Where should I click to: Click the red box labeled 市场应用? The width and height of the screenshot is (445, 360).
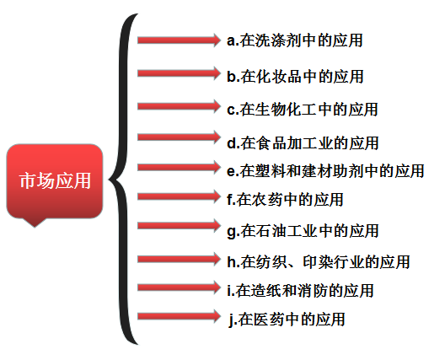[55, 181]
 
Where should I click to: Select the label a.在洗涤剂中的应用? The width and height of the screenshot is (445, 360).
[295, 40]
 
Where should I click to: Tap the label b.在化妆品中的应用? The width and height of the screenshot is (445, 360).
[295, 77]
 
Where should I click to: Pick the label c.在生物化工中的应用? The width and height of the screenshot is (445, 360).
[303, 110]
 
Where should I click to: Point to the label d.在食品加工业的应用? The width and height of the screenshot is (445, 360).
[303, 142]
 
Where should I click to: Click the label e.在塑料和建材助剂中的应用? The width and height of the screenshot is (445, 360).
[325, 171]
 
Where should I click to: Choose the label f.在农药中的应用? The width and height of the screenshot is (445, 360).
[285, 199]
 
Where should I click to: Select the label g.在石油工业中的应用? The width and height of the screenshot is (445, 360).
[303, 230]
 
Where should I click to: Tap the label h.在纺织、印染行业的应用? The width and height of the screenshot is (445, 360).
[319, 261]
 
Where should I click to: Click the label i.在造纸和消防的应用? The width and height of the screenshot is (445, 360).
[300, 290]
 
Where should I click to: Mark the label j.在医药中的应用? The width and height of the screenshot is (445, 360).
[287, 320]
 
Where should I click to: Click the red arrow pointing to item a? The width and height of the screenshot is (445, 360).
[179, 40]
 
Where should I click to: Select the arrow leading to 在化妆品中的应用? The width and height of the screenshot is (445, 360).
[179, 73]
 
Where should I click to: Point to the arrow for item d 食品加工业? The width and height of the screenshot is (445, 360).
[179, 137]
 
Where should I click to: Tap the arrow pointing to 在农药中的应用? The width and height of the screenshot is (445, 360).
[179, 196]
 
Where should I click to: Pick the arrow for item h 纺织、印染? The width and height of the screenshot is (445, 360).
[179, 259]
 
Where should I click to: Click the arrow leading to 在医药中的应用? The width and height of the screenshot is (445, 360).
[179, 316]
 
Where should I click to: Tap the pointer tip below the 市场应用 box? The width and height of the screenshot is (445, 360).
[35, 227]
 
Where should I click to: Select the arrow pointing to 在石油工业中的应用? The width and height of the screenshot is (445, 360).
[179, 226]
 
